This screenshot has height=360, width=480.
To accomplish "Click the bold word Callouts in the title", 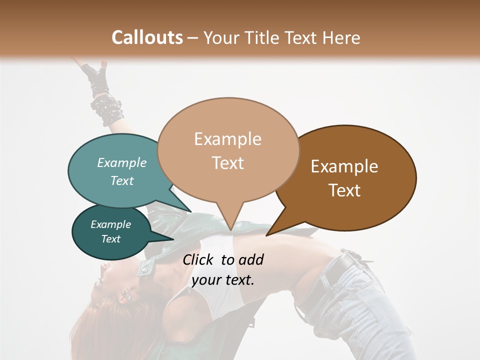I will click(x=147, y=37).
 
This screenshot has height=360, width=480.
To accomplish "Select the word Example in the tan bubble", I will click(x=227, y=139).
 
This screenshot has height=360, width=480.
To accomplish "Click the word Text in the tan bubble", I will click(x=227, y=162).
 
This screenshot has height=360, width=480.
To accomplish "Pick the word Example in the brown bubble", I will click(x=344, y=166).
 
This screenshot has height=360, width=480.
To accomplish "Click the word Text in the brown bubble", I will click(x=344, y=190).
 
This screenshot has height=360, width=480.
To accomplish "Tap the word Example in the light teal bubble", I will click(x=121, y=162).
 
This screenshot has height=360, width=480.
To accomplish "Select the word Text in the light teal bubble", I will click(x=121, y=180).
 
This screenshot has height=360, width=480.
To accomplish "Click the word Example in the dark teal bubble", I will click(x=110, y=224).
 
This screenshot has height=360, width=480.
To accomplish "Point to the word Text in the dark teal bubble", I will click(x=110, y=239).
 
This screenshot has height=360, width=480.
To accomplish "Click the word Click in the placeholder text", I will click(x=198, y=259).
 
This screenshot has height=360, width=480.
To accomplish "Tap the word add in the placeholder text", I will click(x=250, y=259).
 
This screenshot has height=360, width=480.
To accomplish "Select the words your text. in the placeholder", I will click(x=223, y=280).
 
